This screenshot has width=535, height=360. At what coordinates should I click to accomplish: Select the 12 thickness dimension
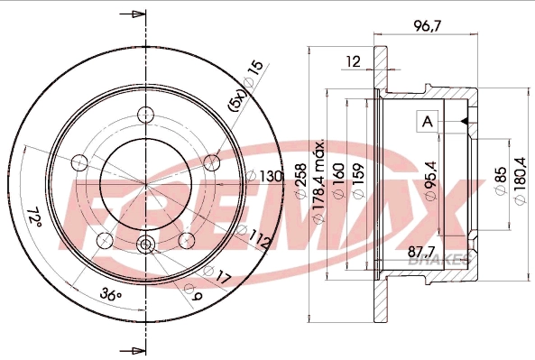pyautogui.click(x=353, y=62)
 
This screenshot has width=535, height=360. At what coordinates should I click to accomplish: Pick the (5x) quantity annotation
pyautogui.click(x=237, y=97)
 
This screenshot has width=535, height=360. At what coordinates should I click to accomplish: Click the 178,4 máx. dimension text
pyautogui.click(x=319, y=184)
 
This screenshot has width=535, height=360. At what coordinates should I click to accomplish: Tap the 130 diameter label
pyautogui.click(x=270, y=176)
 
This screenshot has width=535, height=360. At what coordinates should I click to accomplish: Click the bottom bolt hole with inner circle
pyautogui.click(x=145, y=245)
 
